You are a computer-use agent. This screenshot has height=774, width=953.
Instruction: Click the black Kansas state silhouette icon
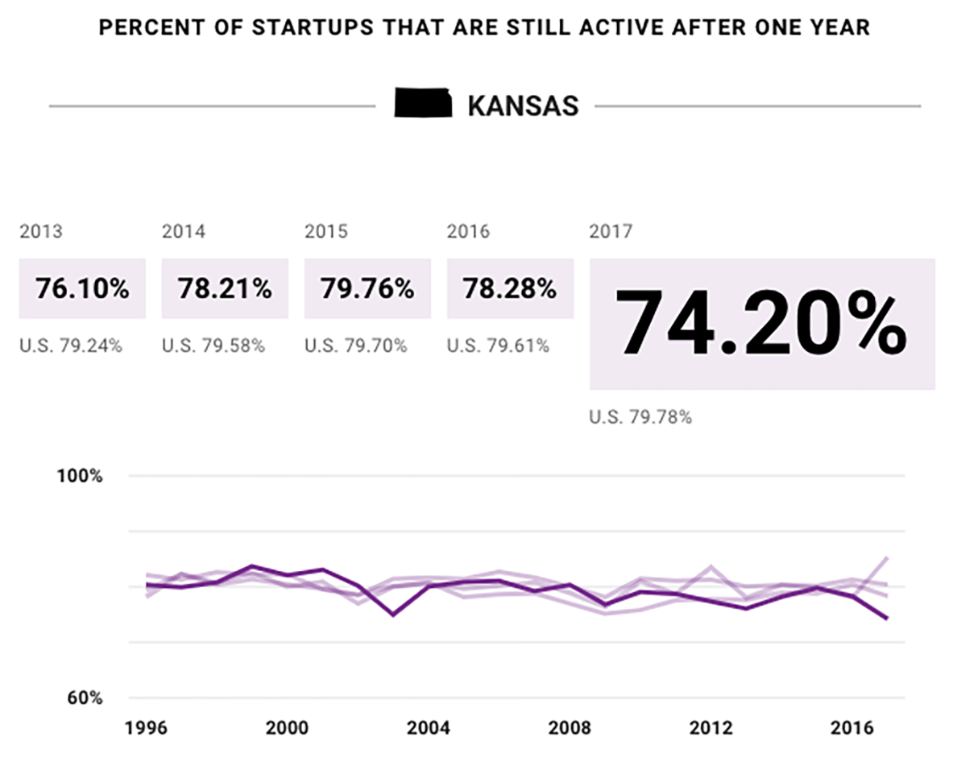[x=423, y=104]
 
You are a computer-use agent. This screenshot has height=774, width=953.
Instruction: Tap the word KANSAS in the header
[x=523, y=106]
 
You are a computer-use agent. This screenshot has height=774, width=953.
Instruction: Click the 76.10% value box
[x=82, y=288]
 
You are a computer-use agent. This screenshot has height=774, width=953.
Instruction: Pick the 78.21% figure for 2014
[x=225, y=288]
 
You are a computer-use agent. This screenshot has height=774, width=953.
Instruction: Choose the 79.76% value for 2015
[x=367, y=288]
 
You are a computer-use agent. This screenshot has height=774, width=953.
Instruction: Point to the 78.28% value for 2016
[x=510, y=288]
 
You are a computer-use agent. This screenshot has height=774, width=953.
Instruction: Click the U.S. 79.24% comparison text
[x=71, y=346]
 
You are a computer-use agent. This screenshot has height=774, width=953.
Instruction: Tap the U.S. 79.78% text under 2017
[x=640, y=417]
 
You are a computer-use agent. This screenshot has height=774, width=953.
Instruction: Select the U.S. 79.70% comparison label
[x=355, y=346]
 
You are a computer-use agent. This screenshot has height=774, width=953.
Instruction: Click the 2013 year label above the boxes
[x=40, y=232]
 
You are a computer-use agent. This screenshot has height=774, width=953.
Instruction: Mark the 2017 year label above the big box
[x=611, y=232]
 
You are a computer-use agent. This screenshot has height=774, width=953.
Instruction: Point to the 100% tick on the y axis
[x=79, y=476]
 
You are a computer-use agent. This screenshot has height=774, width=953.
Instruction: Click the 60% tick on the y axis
[x=83, y=698]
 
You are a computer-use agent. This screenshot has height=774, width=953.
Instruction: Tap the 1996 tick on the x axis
[x=146, y=728]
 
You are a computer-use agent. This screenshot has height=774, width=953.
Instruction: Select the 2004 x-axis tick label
[x=429, y=728]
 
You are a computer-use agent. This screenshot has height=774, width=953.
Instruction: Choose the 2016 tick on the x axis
[x=852, y=728]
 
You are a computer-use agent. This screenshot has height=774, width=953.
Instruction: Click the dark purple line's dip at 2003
[x=393, y=615]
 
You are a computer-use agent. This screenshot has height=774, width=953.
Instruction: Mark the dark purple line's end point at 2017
[x=887, y=619]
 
